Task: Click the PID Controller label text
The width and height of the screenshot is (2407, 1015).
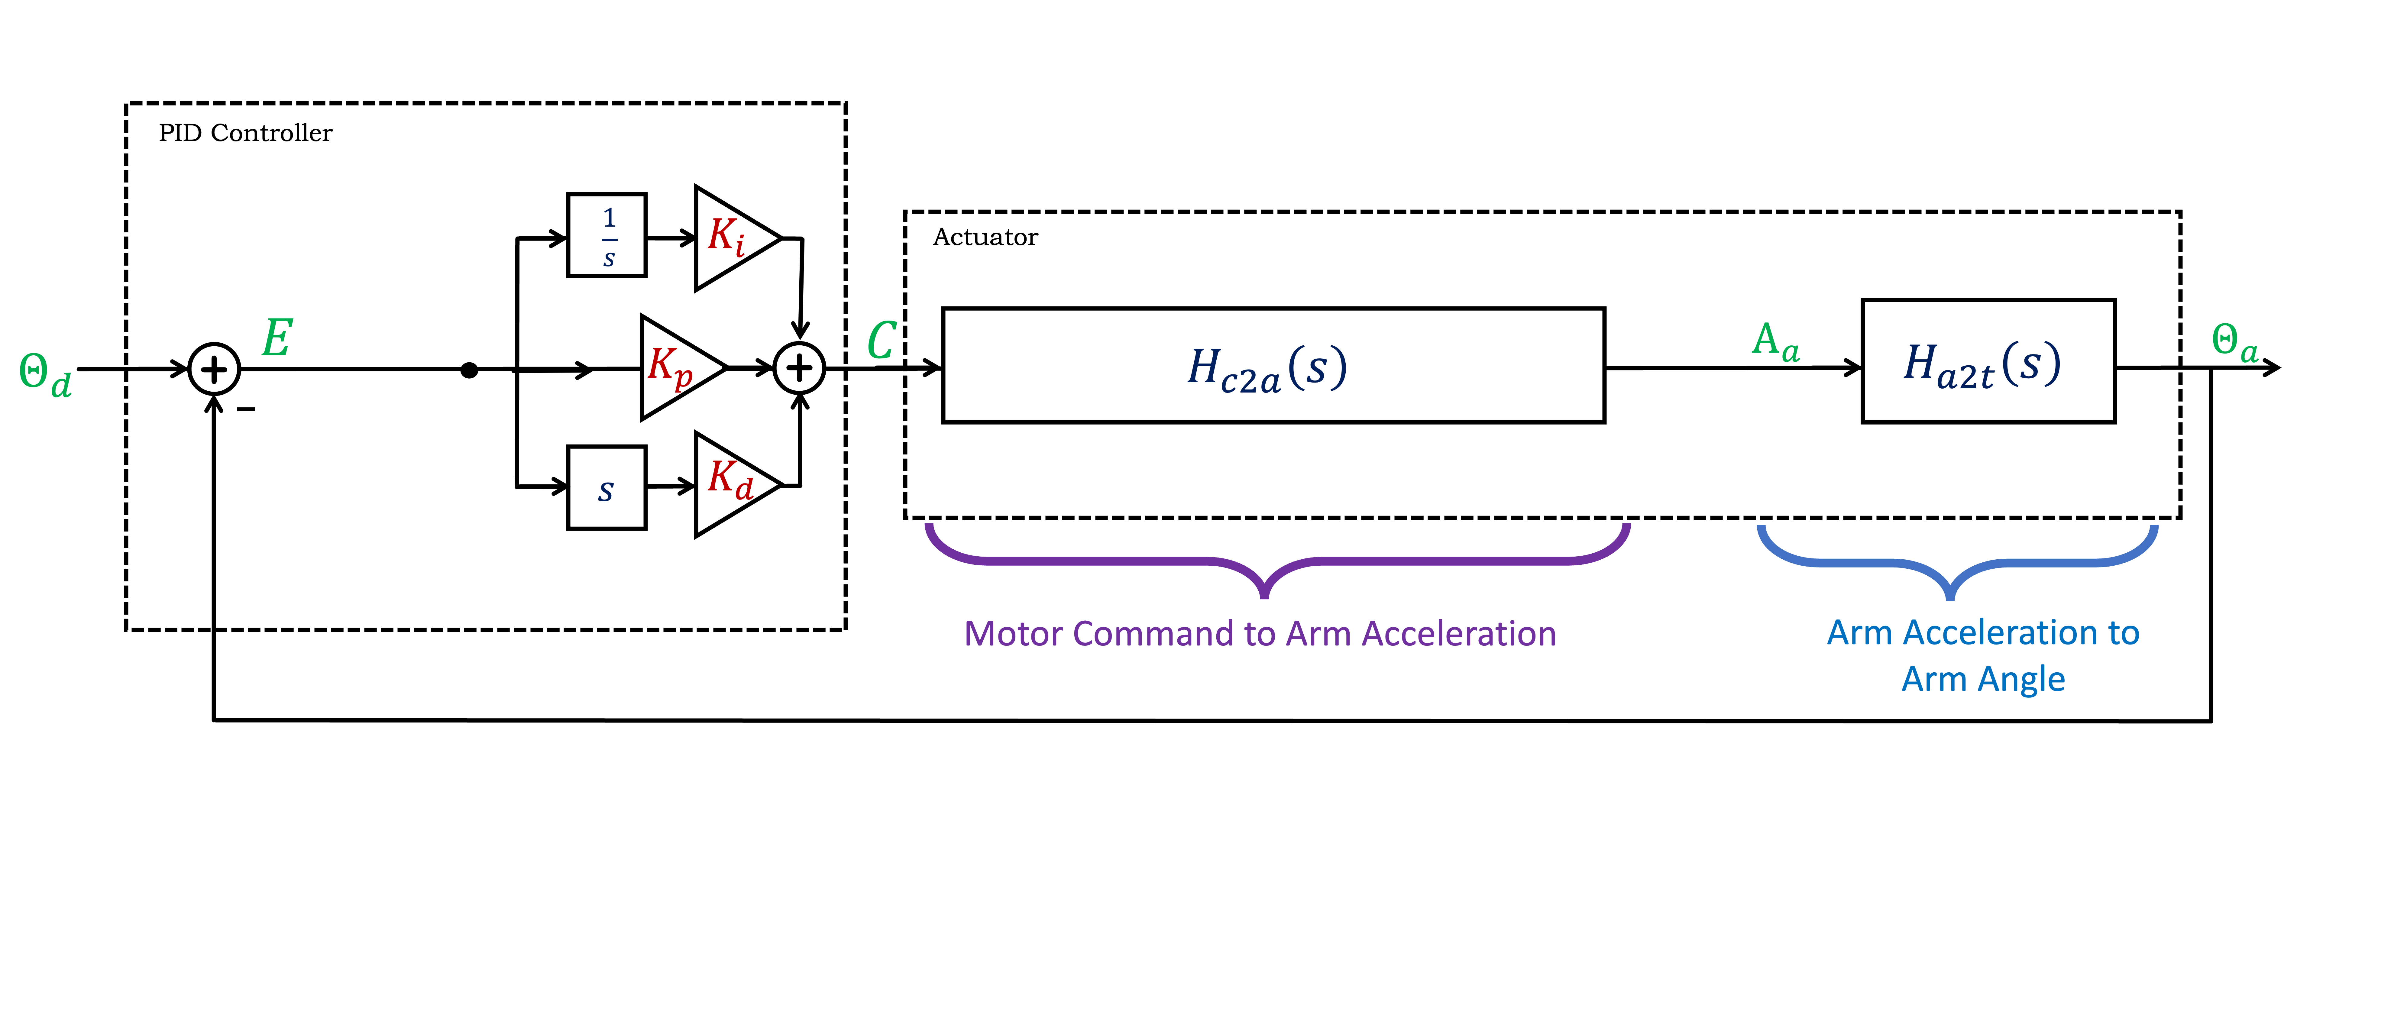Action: click(245, 134)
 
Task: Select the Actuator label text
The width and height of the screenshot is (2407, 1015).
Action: click(985, 238)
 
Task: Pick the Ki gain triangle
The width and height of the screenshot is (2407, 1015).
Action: click(732, 238)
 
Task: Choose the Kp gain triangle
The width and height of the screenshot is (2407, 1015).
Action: click(678, 367)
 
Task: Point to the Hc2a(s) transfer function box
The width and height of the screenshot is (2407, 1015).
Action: click(1273, 365)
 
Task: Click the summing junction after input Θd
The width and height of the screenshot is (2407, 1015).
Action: click(214, 369)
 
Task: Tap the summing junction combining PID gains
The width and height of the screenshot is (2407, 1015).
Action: click(799, 368)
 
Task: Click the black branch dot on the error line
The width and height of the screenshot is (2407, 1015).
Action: click(470, 370)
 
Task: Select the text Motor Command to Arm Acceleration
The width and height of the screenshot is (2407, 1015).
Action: click(1260, 634)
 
